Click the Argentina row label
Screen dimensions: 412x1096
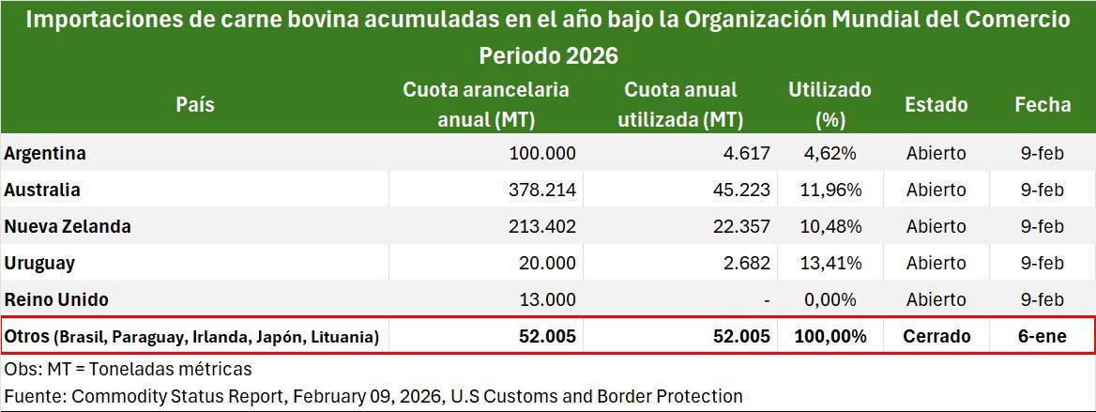pos(45,153)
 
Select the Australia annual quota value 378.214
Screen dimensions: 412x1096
pos(540,190)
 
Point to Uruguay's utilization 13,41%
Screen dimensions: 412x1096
pos(826,263)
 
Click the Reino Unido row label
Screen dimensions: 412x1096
pos(56,299)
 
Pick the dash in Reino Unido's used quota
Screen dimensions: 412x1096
pos(767,300)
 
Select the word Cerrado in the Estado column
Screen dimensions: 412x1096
pos(936,336)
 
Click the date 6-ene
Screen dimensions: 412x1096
pos(1042,336)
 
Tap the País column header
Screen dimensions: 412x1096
pos(194,104)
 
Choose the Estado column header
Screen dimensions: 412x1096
pos(936,104)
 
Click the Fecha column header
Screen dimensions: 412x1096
pos(1042,104)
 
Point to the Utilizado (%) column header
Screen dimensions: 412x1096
pos(830,104)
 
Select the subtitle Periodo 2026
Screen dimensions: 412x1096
pos(548,55)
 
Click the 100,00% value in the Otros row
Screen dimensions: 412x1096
pos(830,336)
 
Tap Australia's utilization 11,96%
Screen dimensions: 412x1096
pos(826,190)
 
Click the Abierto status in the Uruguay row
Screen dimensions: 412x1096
pos(936,263)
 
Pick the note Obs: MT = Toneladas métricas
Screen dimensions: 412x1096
pos(128,369)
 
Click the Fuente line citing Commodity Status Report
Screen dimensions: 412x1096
pos(373,396)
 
